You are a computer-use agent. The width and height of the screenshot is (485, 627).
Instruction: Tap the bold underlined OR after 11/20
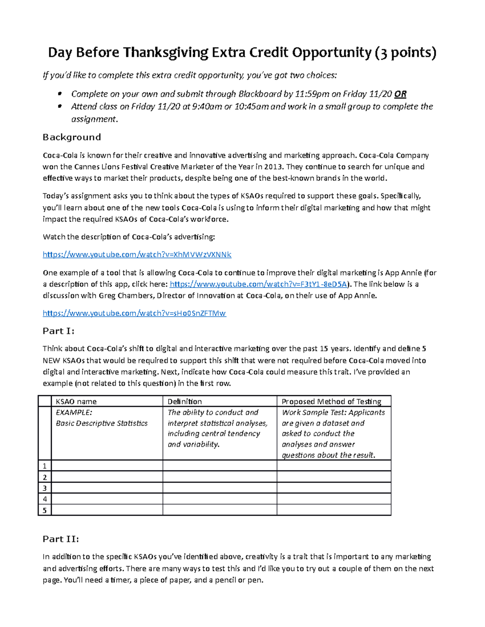coord(400,94)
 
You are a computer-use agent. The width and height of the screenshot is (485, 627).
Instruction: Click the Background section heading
coord(72,137)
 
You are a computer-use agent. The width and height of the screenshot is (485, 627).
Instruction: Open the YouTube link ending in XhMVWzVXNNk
coord(137,255)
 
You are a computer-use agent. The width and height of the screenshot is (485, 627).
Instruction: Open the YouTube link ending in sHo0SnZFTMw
coord(134,313)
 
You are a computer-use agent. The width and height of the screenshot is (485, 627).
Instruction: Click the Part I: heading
coord(59,331)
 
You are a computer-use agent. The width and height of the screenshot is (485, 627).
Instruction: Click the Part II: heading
coord(61,539)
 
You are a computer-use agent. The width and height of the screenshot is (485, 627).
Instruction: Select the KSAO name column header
coord(76,401)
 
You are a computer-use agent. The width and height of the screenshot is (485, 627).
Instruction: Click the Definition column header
coord(185,401)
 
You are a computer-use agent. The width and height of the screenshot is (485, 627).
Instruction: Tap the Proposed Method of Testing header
coord(331,401)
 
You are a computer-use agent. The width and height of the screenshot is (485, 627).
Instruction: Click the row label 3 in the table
coord(45,488)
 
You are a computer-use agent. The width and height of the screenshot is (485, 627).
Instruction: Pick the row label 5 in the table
coord(45,510)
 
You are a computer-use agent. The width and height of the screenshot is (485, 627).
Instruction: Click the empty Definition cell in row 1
coord(219,466)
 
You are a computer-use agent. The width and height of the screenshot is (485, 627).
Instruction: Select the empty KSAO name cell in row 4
coord(107,499)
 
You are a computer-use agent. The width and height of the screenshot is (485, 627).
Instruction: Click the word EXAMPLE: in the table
coord(74,412)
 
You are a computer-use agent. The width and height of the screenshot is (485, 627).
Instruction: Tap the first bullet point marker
coord(60,94)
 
